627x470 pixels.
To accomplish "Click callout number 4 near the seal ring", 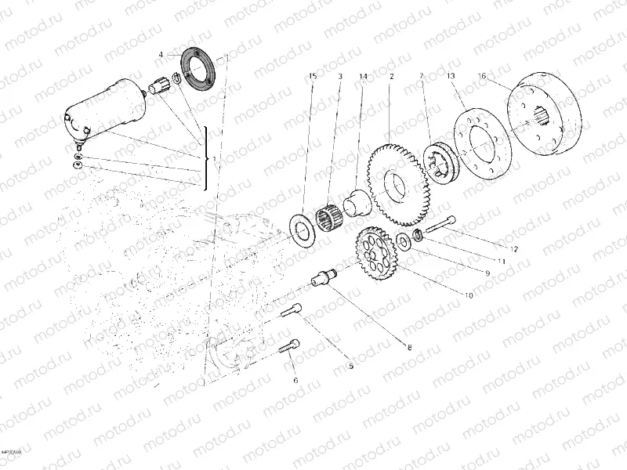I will [161, 55].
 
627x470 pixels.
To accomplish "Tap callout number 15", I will [313, 76].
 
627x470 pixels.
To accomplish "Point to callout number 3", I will [340, 76].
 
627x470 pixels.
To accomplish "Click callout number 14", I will [363, 76].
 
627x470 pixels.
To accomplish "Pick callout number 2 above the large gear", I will [390, 76].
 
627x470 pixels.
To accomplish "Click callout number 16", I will [482, 76].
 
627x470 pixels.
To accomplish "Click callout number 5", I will [350, 365].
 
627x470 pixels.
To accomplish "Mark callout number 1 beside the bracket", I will [215, 159].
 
